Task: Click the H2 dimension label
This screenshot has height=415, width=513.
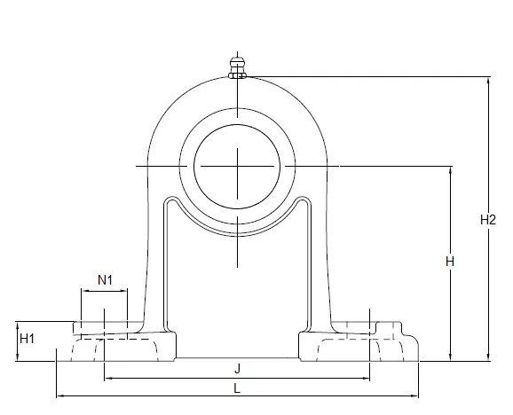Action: coord(488,220)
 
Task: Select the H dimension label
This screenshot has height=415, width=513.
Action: coord(450,262)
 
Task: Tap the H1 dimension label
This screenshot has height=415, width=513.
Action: coord(27,339)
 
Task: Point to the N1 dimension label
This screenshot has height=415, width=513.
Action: coord(105,280)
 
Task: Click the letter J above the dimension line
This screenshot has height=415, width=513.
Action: coord(238,369)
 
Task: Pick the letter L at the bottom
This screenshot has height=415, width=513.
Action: coord(237,388)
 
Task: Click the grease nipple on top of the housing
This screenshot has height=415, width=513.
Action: coord(237,67)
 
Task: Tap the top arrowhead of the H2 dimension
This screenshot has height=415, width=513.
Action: coord(488,81)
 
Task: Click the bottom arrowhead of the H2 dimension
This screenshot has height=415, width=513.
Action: coord(488,357)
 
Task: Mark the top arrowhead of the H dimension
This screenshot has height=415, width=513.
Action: coord(451,170)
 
